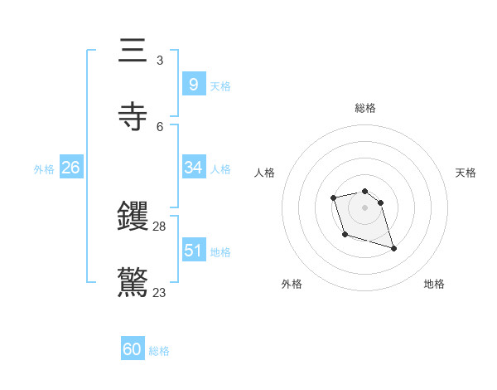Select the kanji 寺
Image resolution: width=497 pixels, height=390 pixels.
point(133,117)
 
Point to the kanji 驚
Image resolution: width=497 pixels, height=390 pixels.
point(133,282)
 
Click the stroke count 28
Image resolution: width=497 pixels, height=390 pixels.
point(160,226)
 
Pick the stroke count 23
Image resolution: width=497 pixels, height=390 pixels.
point(160,292)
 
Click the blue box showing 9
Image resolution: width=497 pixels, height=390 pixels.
point(193,85)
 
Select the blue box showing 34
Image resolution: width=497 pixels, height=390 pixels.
point(193,168)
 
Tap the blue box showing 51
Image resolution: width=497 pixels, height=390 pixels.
point(193,251)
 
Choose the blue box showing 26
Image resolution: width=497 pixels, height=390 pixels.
point(70,168)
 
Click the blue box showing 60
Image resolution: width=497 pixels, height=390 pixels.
point(132,349)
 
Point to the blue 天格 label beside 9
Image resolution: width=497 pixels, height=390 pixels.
point(220,86)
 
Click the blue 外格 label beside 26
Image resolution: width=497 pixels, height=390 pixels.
point(44,169)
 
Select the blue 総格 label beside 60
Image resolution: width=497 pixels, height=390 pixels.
point(159,351)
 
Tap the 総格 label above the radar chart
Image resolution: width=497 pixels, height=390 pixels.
point(364,108)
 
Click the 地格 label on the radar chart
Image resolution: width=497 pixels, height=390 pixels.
point(434,284)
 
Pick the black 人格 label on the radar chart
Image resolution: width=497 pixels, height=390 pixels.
point(265,173)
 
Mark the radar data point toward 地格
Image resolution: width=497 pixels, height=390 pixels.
point(393,248)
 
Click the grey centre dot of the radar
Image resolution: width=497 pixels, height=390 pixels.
point(364,207)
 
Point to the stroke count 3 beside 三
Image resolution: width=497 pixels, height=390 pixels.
point(160,60)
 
